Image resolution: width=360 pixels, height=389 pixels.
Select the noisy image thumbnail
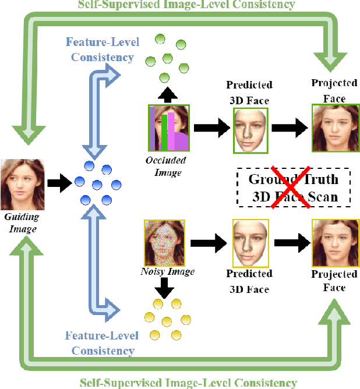164,242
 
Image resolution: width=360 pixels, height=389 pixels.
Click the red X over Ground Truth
291,188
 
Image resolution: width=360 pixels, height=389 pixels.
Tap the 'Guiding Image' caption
22,222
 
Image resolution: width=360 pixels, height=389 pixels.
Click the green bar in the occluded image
165,132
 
